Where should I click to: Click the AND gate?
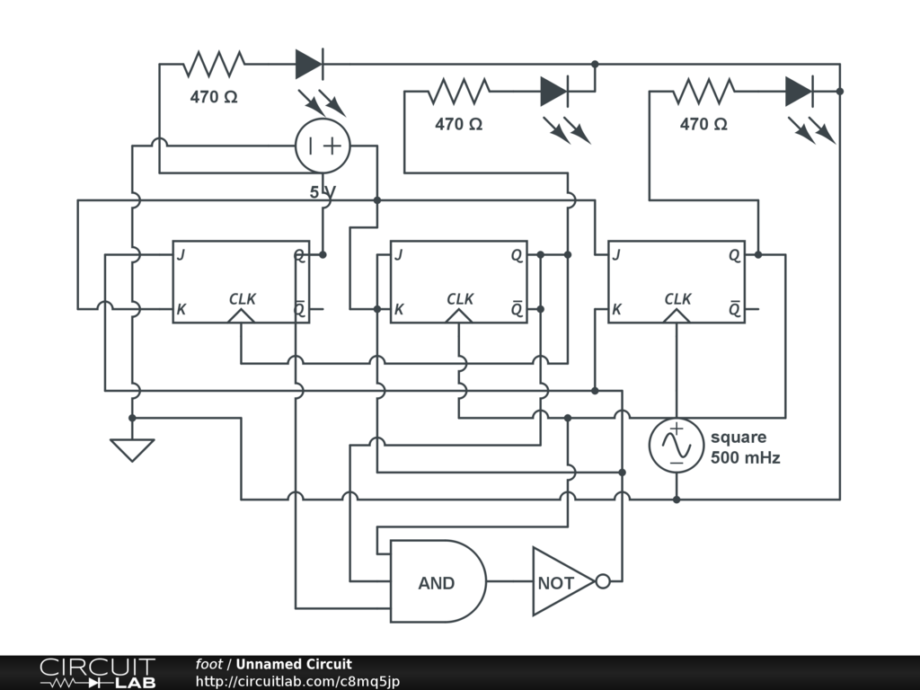[x=438, y=581]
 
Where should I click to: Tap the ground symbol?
[x=132, y=450]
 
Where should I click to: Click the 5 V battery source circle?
[x=323, y=146]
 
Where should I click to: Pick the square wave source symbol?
[x=676, y=445]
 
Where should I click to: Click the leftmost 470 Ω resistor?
[x=214, y=64]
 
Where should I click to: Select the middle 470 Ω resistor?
[x=459, y=91]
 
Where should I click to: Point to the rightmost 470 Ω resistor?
[x=703, y=91]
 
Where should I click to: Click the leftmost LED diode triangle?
[x=309, y=64]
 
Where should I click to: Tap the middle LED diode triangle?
[x=554, y=91]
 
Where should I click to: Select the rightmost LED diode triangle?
[x=799, y=91]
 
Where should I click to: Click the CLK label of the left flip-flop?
[x=243, y=299]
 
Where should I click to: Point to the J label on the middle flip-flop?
[x=399, y=254]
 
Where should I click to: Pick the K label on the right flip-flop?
[x=616, y=309]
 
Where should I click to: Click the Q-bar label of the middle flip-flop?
[x=517, y=308]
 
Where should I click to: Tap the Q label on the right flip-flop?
[x=735, y=256]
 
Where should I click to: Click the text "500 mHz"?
[x=745, y=457]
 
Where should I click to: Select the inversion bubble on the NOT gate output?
[x=603, y=581]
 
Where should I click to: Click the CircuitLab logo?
[x=98, y=673]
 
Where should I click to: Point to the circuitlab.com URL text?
[x=297, y=682]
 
